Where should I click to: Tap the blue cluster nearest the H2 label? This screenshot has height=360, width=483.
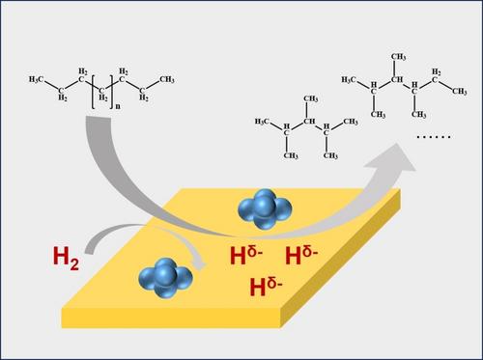coord(165,279)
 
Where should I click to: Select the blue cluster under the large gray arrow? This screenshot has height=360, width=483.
coord(265,209)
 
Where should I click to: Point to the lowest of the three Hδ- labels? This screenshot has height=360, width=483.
coord(267,287)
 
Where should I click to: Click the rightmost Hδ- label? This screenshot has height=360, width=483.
coord(301,255)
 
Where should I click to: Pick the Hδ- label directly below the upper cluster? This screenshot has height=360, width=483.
coord(246,255)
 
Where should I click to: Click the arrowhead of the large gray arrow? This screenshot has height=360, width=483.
coord(392,158)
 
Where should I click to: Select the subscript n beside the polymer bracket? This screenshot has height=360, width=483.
coord(118,106)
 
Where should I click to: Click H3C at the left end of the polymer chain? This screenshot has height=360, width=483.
coord(36,79)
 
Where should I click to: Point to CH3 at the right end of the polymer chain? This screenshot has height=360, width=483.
coord(167,79)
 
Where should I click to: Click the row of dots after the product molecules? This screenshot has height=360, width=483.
coord(434,137)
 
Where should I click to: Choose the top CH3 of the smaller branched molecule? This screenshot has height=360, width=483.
coord(311,98)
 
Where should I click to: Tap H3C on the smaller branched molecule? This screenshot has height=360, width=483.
coord(262,122)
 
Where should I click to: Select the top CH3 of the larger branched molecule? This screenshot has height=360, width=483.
coord(398,57)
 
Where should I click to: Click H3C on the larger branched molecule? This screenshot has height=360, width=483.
coord(349,79)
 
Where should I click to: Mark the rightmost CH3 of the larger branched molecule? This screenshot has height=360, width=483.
coord(460,92)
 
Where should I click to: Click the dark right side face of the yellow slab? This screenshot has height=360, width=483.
coord(340,258)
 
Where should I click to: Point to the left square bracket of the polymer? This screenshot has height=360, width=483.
coord(93,92)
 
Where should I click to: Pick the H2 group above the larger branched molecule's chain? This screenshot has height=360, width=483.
coord(436,71)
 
